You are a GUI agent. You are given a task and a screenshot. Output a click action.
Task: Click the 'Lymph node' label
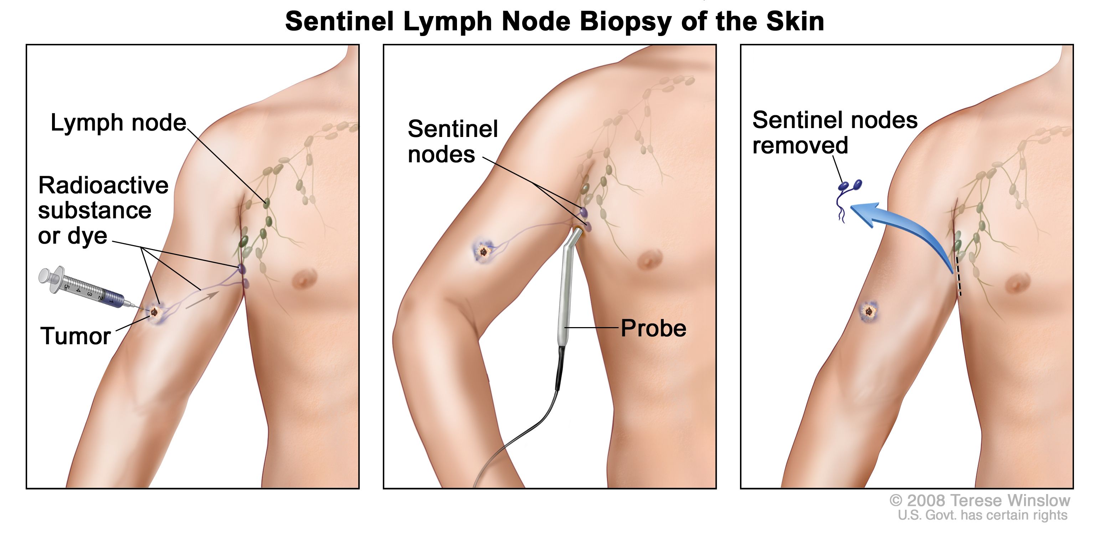pos(119,123)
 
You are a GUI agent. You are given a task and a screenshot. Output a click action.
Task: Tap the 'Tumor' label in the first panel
pos(76,336)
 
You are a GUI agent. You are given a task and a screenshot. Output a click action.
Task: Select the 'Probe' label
pos(653,328)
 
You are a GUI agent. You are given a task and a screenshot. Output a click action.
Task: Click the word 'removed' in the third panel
pos(800,146)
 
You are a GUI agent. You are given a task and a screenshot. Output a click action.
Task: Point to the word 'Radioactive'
pos(103,185)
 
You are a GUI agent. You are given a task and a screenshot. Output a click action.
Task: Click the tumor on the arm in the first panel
pos(154,312)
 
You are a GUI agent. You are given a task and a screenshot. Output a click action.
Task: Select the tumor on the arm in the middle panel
pos(483,252)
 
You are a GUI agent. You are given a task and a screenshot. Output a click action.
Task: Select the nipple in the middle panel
pos(647,259)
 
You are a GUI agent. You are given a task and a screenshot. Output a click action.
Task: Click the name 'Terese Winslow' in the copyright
pos(1009,500)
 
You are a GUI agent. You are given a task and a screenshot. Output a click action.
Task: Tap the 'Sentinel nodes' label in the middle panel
pos(453,142)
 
